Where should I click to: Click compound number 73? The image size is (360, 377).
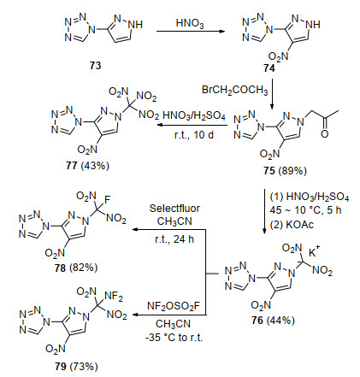point(95,66)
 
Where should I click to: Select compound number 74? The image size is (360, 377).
point(269,68)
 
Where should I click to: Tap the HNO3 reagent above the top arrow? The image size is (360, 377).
point(190,23)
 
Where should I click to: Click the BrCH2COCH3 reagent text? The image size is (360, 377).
point(234,90)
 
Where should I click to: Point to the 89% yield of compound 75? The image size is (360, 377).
point(292,171)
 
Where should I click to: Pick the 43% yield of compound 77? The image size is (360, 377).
point(95,166)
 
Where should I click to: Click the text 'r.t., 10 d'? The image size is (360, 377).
point(194,134)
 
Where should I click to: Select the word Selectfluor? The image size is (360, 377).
point(174,209)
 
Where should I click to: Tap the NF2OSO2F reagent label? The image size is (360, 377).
point(174,306)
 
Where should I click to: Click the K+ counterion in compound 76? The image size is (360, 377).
point(314,251)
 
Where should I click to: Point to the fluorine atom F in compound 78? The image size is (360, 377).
point(107,199)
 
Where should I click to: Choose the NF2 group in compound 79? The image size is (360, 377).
point(114,297)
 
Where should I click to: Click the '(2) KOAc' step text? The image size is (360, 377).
point(292,225)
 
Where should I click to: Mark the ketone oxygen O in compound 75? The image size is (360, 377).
point(324,133)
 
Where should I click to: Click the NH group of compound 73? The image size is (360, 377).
point(135,25)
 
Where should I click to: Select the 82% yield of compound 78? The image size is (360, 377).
point(84,268)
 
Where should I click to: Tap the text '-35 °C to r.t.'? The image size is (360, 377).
point(174,338)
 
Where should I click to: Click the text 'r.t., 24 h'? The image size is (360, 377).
point(174,239)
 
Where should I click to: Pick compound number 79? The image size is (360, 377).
point(61,366)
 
